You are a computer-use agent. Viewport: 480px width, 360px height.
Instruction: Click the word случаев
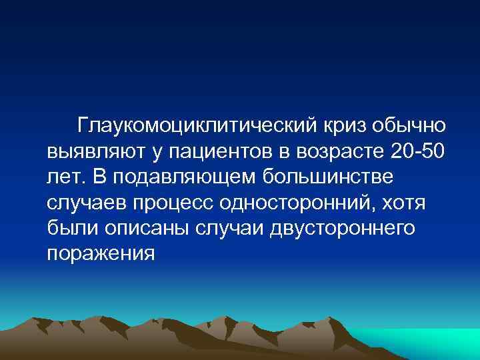[x=84, y=203]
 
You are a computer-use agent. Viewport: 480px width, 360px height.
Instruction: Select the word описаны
[x=139, y=228]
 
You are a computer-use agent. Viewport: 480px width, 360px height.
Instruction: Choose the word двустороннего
[x=343, y=228]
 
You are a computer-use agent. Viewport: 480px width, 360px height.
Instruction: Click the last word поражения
[x=101, y=253]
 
